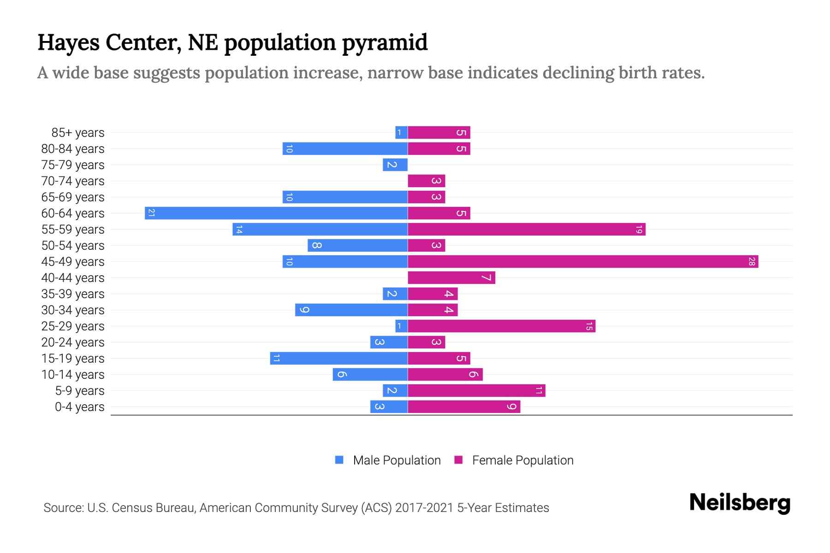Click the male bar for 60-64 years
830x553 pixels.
point(277,213)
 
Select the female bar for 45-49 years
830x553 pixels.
point(583,262)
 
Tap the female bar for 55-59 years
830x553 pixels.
point(527,229)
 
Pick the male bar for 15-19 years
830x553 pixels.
point(339,359)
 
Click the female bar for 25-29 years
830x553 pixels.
point(502,326)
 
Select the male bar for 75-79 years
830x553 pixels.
point(395,165)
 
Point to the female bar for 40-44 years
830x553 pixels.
point(451,278)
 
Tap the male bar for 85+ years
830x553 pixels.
point(401,133)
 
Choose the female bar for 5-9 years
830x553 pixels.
point(476,391)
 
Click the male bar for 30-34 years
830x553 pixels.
point(351,310)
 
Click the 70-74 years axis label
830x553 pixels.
point(73,181)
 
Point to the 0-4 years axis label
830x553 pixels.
point(79,407)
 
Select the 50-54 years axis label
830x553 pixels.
point(73,246)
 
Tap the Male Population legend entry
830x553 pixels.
point(397,460)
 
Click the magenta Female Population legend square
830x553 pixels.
point(458,460)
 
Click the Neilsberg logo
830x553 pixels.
point(740,503)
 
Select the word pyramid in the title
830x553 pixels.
point(385,43)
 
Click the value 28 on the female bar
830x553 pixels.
point(752,262)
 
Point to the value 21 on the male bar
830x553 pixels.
point(151,213)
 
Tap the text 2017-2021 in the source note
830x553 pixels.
point(424,508)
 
